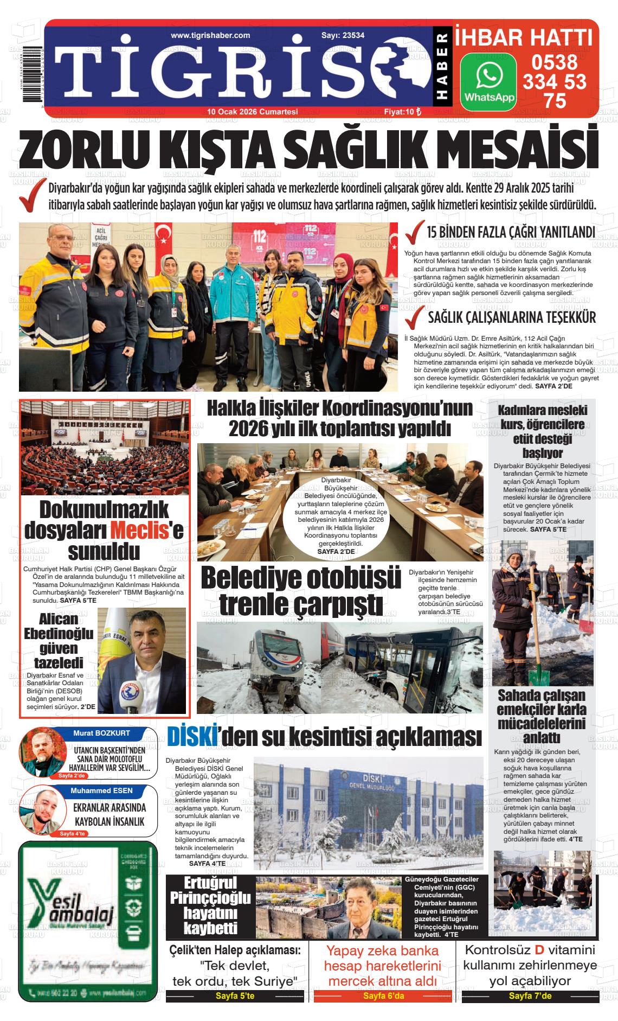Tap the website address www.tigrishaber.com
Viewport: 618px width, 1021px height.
click(210, 35)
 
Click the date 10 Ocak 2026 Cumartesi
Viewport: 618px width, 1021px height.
click(253, 112)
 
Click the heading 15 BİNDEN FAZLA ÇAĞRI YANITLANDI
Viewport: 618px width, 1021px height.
click(511, 233)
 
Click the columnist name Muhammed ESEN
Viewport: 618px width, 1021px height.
click(101, 790)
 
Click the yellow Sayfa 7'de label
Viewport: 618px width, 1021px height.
click(530, 996)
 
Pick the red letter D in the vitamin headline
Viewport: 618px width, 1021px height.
click(539, 950)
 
